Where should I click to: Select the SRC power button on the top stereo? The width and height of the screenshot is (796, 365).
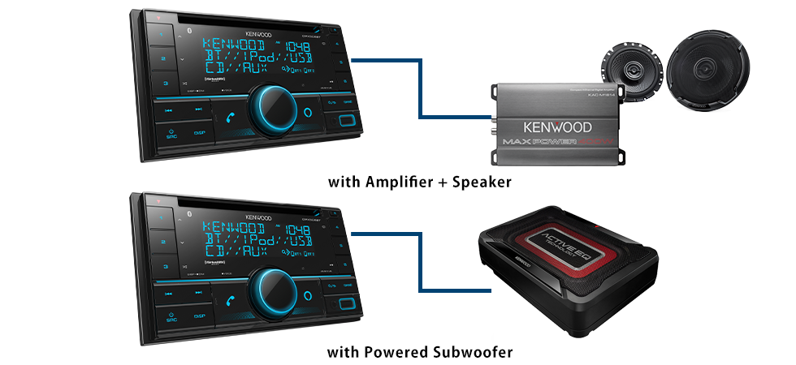[171, 132]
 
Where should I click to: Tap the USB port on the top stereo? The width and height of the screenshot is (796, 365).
[345, 122]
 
